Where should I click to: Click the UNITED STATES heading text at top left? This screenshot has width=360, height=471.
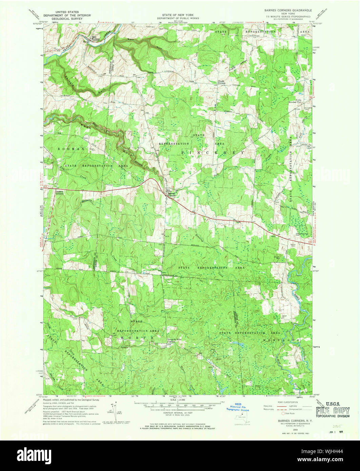coord(66,11)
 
